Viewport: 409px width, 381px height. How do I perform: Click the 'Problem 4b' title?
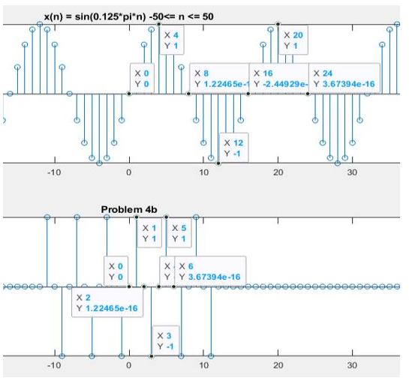pyautogui.click(x=129, y=208)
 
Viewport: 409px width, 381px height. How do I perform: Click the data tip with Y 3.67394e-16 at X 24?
pyautogui.click(x=345, y=79)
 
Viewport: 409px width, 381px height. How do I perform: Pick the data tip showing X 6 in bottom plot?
pyautogui.click(x=210, y=271)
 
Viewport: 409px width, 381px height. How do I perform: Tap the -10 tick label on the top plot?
pyautogui.click(x=53, y=173)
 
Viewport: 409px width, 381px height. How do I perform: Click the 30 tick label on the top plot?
pyautogui.click(x=353, y=173)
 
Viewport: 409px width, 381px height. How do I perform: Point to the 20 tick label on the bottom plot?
pyautogui.click(x=278, y=365)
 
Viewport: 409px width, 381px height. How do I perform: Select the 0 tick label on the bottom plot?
pyautogui.click(x=128, y=365)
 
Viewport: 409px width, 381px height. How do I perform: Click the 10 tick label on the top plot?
pyautogui.click(x=203, y=173)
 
